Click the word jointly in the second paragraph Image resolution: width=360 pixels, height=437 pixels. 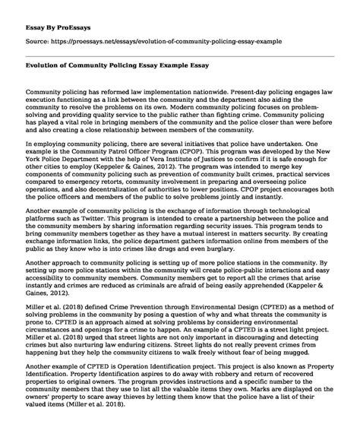pyautogui.click(x=274, y=206)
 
